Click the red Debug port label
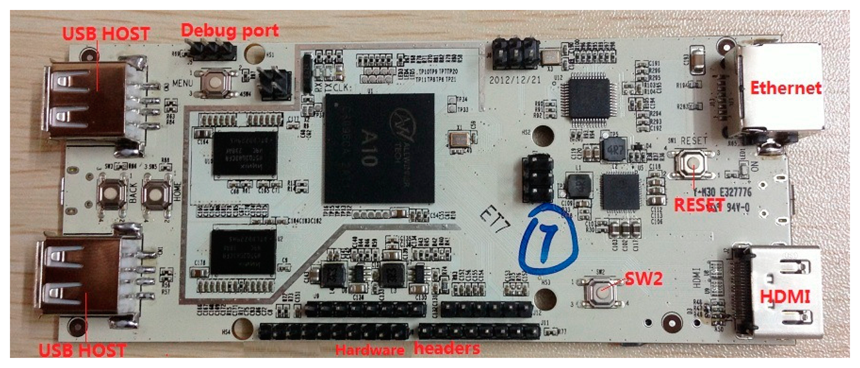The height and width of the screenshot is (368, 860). [230, 31]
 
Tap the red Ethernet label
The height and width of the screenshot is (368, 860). [786, 89]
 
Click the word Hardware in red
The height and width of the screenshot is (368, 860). [369, 349]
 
